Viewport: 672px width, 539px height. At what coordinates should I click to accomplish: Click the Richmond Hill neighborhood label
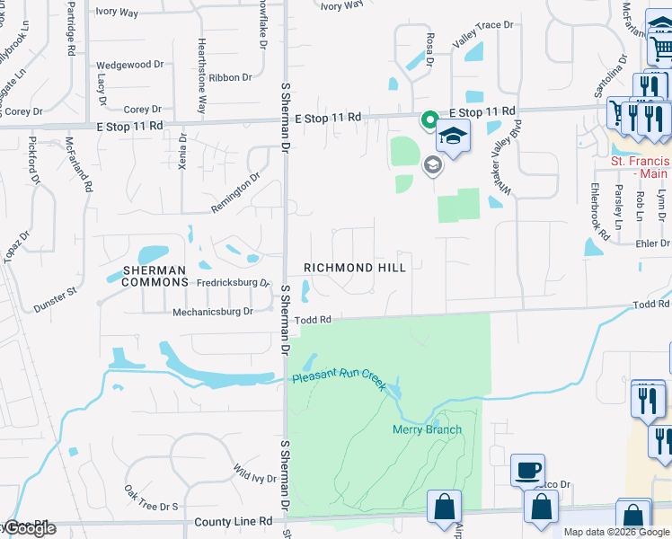[355, 268]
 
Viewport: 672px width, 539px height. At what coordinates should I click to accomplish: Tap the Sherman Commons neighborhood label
[154, 276]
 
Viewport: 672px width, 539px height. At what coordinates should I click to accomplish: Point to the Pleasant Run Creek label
[338, 377]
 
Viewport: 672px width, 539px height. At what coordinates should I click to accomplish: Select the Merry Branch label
[427, 429]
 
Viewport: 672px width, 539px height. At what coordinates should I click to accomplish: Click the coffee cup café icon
[527, 470]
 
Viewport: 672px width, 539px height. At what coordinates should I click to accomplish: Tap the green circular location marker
[429, 119]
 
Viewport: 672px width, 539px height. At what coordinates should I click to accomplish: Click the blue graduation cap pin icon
[453, 137]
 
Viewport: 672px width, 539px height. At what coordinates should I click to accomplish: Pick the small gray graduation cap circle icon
[433, 165]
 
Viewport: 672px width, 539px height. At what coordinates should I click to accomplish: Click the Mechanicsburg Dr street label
[212, 312]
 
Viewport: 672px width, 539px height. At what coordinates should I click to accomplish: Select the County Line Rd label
[240, 521]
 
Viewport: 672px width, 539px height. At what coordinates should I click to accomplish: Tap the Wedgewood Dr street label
[129, 65]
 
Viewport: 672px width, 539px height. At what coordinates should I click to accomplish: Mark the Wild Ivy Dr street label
[254, 473]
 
